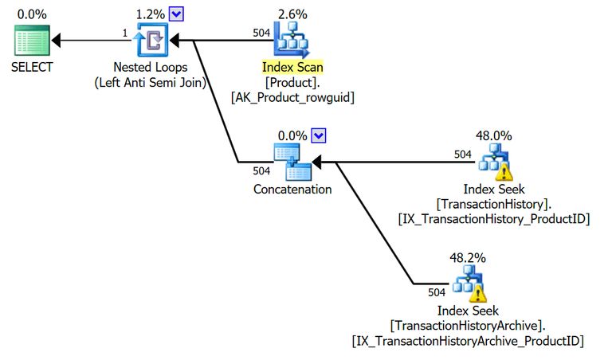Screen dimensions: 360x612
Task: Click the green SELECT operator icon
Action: coord(31,40)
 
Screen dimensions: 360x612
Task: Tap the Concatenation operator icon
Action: coord(292,162)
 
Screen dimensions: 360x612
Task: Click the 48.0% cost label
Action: coord(494,136)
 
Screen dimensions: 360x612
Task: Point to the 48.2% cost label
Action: coord(468,258)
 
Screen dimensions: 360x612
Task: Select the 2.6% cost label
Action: coord(292,14)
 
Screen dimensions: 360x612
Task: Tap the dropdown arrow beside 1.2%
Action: coord(176,14)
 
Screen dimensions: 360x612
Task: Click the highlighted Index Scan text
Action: coord(292,67)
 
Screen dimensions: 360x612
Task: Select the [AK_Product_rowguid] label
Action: coord(292,97)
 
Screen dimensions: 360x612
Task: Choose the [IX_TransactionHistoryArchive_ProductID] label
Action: coord(468,341)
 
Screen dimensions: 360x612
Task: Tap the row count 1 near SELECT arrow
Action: coord(125,32)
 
